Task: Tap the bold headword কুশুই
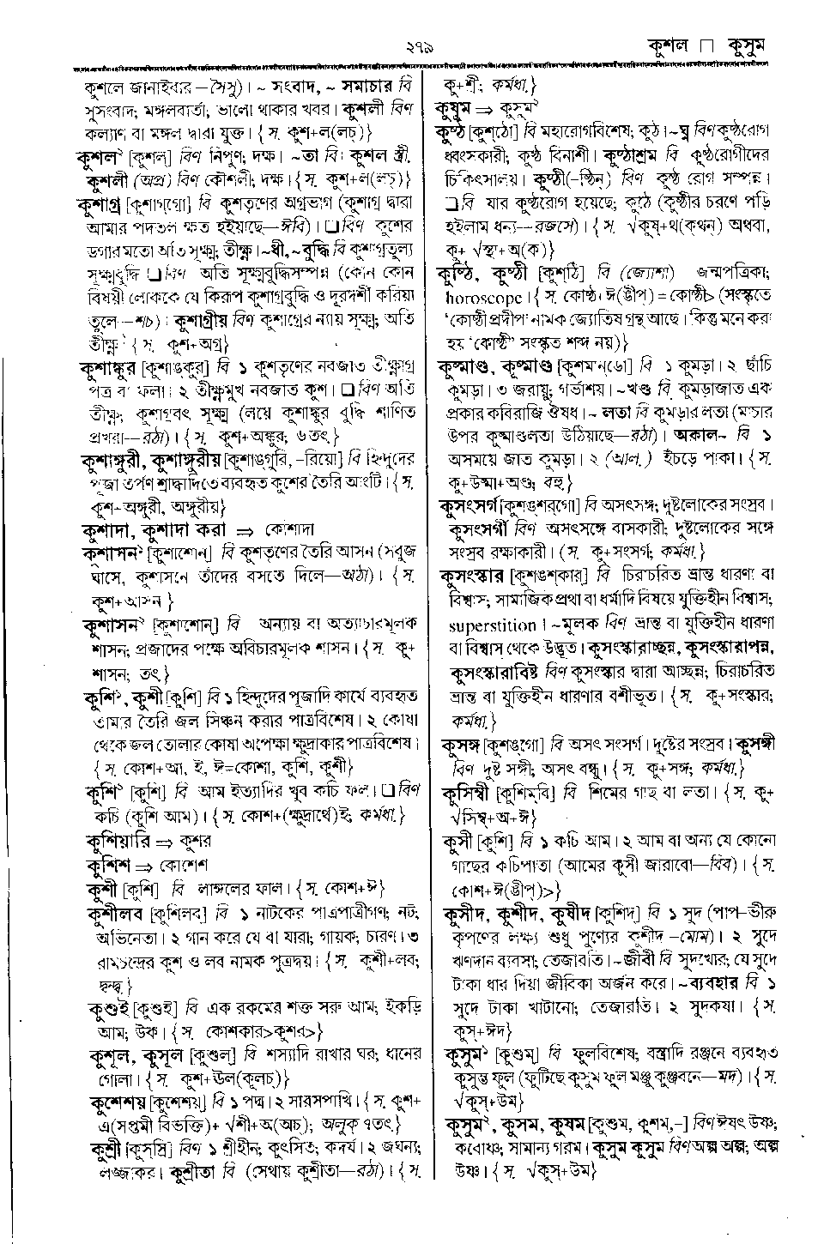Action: (x=109, y=1007)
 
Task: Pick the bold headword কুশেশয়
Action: (x=117, y=1102)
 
